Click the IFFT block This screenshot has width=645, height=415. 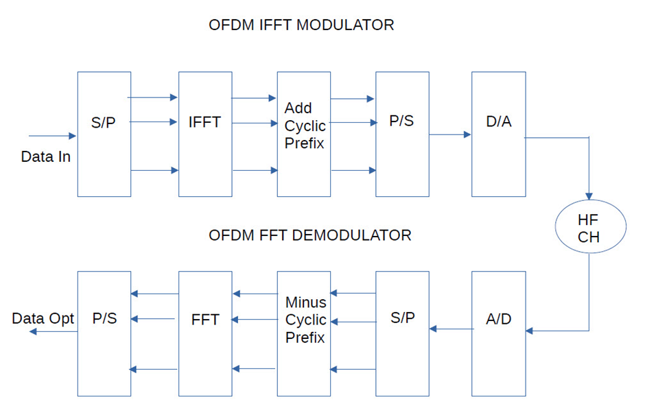(204, 134)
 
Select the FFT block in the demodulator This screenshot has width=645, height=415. (204, 333)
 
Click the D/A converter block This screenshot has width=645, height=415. (498, 134)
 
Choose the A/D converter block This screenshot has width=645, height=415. (498, 333)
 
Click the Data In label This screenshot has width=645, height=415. (45, 157)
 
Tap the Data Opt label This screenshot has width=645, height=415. (43, 319)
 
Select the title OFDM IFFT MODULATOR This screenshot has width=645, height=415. (301, 25)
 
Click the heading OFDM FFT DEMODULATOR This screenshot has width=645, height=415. (309, 235)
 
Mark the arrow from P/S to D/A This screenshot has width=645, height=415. (450, 134)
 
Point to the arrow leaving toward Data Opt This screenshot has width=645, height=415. (52, 331)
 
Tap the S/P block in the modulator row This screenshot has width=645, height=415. (104, 134)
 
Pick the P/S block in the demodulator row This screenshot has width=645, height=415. (104, 333)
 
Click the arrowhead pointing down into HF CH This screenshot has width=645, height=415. (589, 195)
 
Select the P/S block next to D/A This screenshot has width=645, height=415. (402, 134)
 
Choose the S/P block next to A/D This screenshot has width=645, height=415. (402, 333)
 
